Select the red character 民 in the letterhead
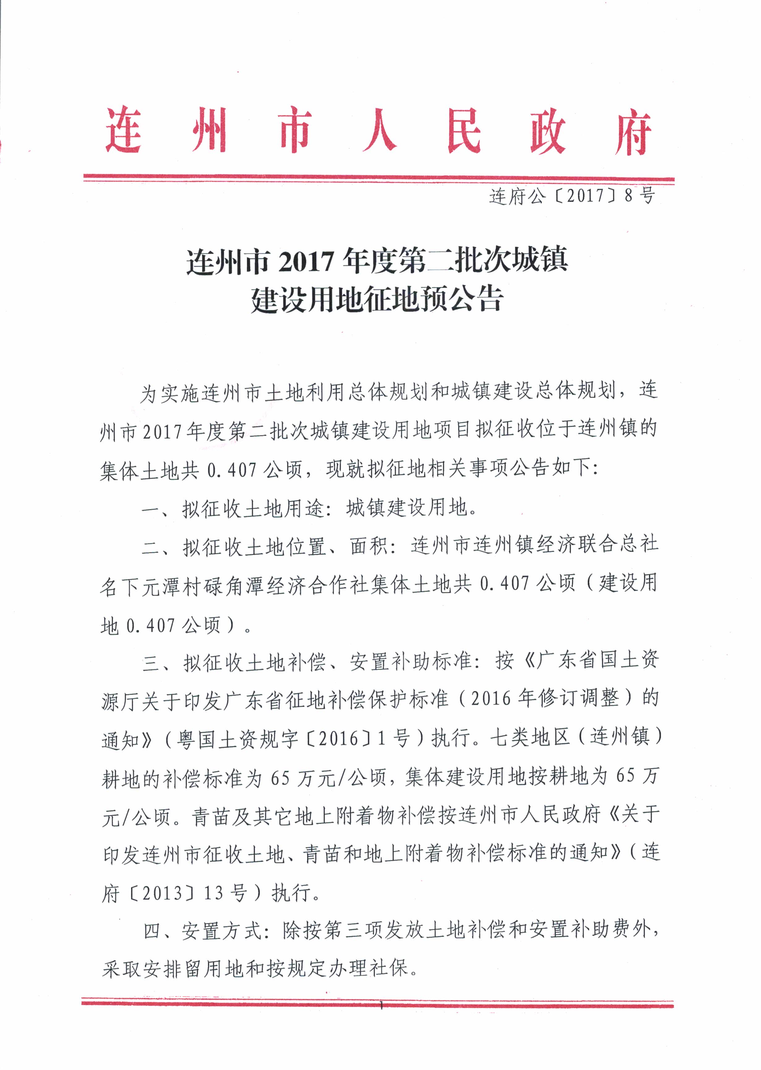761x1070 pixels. point(464,131)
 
